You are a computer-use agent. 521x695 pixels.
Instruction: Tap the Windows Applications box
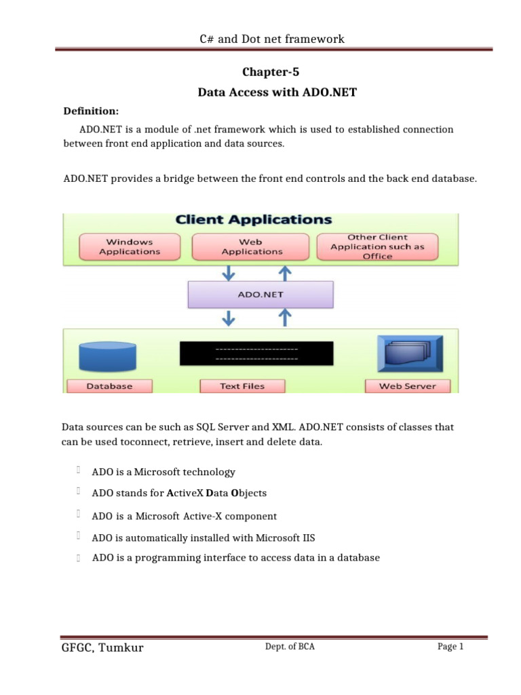(x=130, y=246)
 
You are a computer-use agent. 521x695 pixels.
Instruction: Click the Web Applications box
(x=251, y=246)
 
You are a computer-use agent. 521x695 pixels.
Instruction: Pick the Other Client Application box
(x=377, y=246)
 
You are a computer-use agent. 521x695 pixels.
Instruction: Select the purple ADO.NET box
(x=260, y=295)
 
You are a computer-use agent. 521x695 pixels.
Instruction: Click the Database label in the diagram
(x=109, y=386)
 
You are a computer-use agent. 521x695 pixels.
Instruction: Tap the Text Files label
(x=242, y=386)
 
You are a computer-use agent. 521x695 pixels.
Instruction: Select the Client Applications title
(x=254, y=220)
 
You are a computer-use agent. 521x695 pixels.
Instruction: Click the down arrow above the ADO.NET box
(x=230, y=271)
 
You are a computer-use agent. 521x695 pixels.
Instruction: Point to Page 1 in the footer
(x=450, y=647)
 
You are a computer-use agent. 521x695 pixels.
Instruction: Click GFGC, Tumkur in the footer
(x=102, y=647)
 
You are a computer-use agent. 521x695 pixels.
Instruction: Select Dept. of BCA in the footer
(x=290, y=647)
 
